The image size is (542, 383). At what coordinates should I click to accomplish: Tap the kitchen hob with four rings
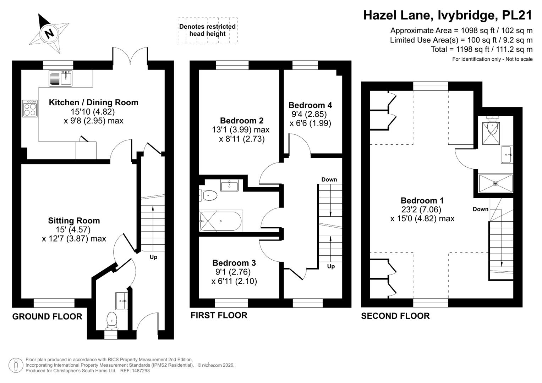pos(30,109)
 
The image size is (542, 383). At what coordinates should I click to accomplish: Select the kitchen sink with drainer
pos(60,78)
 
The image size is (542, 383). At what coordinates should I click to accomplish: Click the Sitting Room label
pos(74,221)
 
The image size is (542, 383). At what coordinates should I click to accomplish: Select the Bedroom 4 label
pos(310,105)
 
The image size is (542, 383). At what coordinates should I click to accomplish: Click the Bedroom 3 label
pos(234,263)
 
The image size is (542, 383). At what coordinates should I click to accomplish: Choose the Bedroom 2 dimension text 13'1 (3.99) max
pos(241,130)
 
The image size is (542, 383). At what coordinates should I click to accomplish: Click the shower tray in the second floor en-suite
pos(496,184)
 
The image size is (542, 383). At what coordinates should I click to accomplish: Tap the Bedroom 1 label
pos(422,200)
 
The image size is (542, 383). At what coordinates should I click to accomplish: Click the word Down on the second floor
pos(481,209)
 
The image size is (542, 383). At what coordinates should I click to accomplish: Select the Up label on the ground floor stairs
pos(153,257)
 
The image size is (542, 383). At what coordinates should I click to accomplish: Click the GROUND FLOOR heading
pos(47,316)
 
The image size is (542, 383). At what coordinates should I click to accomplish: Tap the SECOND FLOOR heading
pos(395,316)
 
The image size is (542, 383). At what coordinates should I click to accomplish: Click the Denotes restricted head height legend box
pos(208,30)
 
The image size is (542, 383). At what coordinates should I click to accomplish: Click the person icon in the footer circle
pos(16,365)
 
